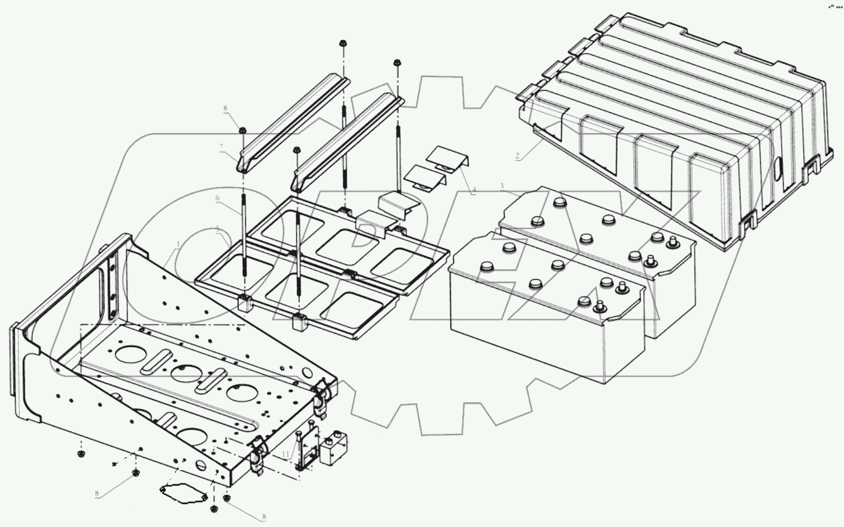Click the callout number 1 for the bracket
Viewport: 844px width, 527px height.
coord(178,245)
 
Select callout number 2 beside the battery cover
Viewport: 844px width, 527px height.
coord(518,157)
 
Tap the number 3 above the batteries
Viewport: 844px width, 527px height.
coord(502,186)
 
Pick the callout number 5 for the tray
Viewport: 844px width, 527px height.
coord(217,230)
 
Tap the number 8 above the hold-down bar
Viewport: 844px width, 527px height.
coord(225,108)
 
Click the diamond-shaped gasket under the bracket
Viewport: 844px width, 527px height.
coord(182,492)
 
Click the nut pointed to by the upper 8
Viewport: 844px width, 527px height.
coord(243,131)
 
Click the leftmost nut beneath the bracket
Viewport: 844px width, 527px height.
coord(80,455)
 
